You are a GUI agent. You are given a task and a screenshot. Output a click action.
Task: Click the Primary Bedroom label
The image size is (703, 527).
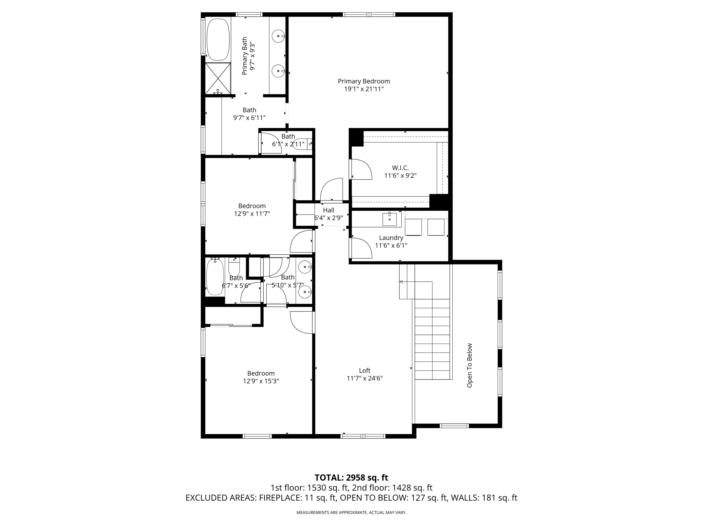364,81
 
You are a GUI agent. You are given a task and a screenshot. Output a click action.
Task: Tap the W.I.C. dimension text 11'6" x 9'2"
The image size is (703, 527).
400,176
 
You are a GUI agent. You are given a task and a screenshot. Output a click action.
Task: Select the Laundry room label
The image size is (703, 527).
391,238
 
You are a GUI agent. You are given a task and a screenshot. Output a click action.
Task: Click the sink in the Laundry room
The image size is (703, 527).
390,219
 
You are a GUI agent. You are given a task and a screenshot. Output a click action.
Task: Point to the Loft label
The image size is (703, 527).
365,371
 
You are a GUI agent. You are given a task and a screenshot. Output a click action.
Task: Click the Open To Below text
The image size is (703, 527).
470,365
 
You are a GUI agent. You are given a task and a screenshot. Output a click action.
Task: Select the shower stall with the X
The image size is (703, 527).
218,78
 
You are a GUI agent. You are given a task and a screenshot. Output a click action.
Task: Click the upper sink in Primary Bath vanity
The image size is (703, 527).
278,36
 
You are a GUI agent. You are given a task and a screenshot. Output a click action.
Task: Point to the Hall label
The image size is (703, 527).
329,210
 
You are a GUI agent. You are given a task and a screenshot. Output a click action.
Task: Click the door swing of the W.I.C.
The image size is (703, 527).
361,169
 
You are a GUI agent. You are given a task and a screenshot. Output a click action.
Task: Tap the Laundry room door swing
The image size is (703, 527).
361,248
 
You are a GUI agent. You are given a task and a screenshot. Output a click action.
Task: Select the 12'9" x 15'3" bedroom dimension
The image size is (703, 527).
261,381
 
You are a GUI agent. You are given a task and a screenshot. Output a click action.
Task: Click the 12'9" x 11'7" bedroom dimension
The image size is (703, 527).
252,214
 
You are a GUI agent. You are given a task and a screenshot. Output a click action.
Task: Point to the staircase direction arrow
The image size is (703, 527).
401,282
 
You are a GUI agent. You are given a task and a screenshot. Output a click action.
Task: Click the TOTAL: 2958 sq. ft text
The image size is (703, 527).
351,478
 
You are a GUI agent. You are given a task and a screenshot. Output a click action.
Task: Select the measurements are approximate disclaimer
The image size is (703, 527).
351,513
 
